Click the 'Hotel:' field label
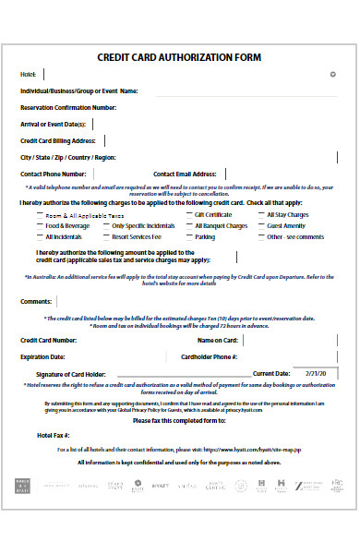click(30, 74)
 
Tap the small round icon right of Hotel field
click(332, 74)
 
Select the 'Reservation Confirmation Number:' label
click(67, 107)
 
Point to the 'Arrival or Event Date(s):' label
click(54, 124)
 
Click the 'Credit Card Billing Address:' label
click(59, 140)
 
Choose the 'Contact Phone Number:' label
click(54, 174)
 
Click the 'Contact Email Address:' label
click(185, 174)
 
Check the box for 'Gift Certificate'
click(187, 214)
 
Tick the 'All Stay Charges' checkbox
click(260, 214)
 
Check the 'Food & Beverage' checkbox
click(39, 225)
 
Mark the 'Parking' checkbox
click(187, 236)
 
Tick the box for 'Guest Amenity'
click(260, 225)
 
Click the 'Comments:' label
click(35, 301)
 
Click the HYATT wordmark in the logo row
click(160, 483)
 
